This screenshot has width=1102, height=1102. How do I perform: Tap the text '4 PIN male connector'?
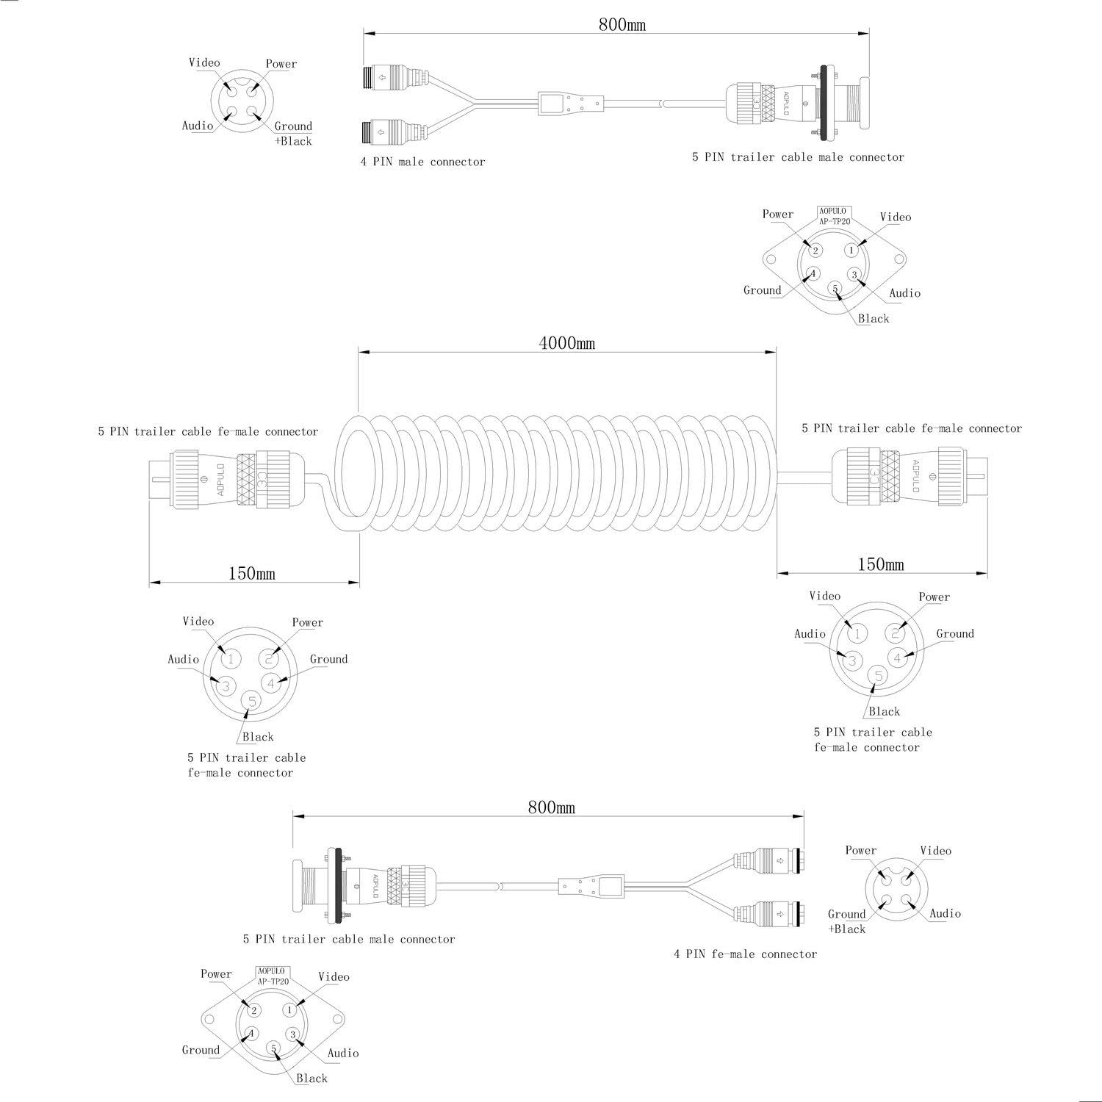(x=422, y=162)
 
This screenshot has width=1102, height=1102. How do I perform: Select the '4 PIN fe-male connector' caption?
(x=745, y=954)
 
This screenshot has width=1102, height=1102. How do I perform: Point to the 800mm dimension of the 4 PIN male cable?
(x=622, y=24)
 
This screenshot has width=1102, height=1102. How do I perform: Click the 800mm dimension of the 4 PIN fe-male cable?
(x=551, y=807)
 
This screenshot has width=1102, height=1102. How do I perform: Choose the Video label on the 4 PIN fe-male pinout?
(x=935, y=851)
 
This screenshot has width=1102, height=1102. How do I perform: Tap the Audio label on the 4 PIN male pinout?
(x=198, y=126)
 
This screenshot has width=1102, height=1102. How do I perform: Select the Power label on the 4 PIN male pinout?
(x=281, y=64)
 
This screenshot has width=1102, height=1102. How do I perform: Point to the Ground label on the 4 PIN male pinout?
(x=293, y=126)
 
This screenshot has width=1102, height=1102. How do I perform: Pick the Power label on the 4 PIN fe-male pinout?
(x=860, y=851)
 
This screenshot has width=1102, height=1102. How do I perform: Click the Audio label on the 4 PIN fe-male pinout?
(x=945, y=913)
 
